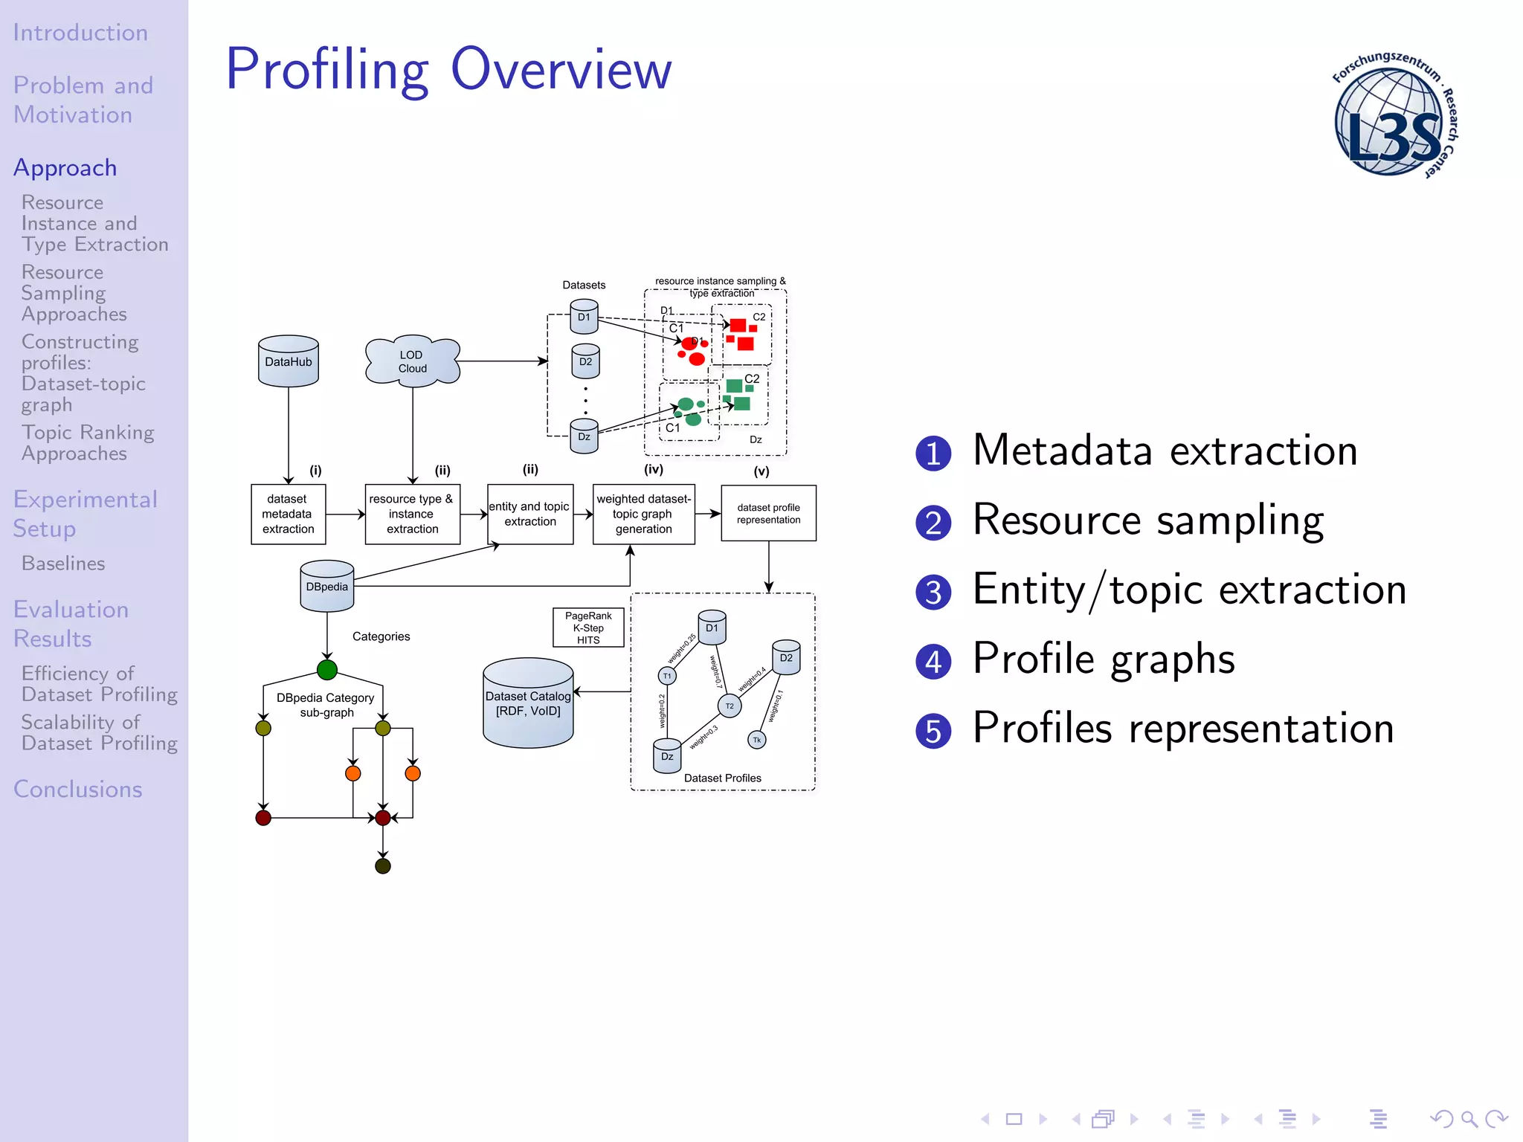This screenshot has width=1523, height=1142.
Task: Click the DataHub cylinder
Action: click(289, 361)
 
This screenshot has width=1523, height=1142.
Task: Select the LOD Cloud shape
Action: click(412, 362)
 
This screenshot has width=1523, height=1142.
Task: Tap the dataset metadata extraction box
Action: click(288, 514)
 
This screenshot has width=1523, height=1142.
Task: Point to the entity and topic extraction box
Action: click(529, 514)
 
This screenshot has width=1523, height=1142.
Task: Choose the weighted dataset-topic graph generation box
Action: click(643, 514)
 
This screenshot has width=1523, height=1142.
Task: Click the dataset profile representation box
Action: click(768, 513)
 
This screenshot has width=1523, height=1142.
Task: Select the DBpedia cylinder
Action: click(326, 587)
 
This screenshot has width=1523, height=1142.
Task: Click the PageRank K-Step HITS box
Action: click(587, 628)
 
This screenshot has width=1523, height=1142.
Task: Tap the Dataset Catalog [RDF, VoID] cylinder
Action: click(528, 703)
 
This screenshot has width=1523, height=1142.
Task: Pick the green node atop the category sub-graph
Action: click(326, 670)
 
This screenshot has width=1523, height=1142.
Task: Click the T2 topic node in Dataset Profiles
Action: click(730, 706)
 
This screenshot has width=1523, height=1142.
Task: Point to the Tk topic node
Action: click(756, 740)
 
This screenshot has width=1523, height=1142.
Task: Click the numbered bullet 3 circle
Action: click(933, 593)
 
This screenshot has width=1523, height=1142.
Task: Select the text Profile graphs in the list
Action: click(1104, 659)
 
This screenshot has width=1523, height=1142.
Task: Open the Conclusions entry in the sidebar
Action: click(77, 789)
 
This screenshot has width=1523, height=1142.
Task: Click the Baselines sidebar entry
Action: click(63, 564)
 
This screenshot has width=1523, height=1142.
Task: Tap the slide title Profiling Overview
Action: click(448, 68)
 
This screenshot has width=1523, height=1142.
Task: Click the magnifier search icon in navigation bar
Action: click(1468, 1118)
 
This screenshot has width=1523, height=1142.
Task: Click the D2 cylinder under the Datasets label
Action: click(585, 362)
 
